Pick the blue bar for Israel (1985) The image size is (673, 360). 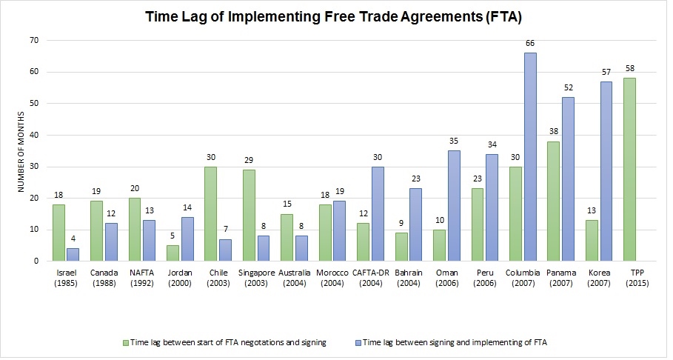coord(72,254)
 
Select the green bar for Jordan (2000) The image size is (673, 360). coord(172,253)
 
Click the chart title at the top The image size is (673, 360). coord(335,16)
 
